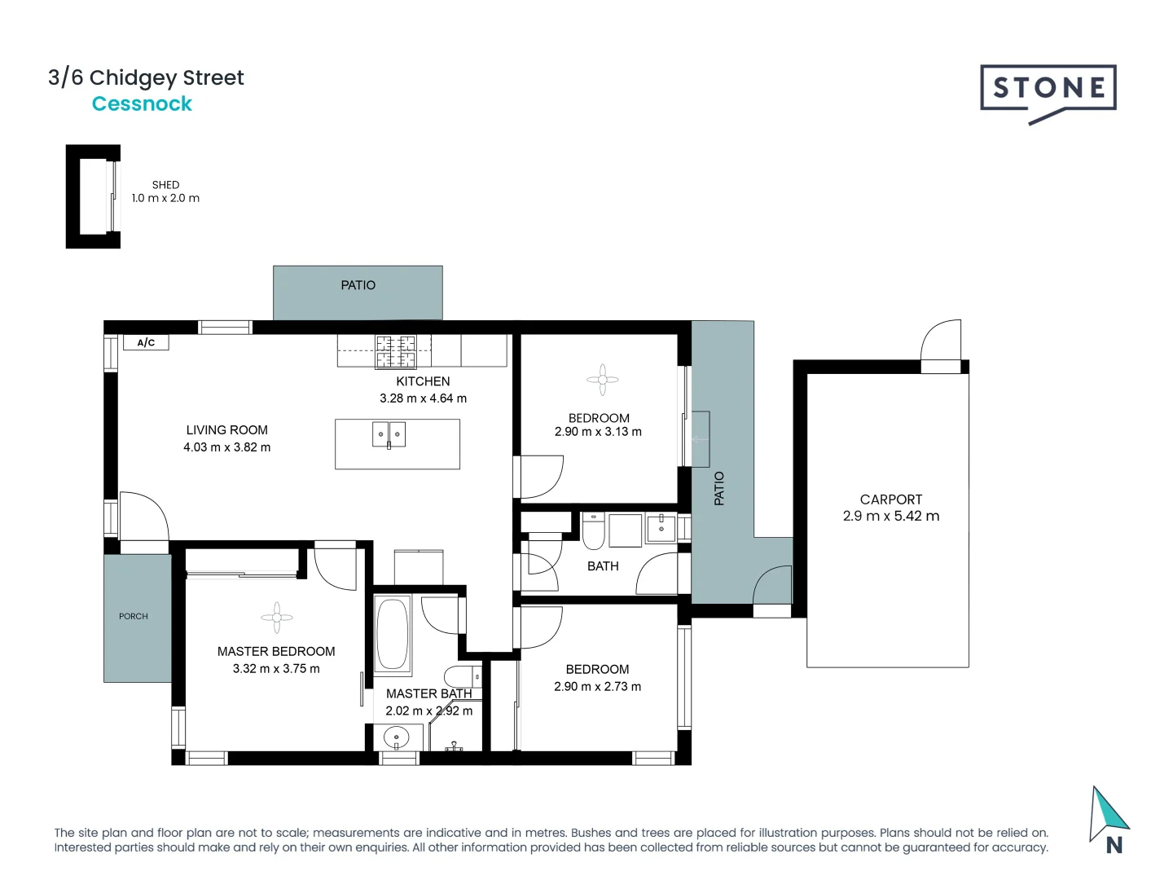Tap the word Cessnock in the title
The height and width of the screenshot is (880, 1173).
(x=142, y=104)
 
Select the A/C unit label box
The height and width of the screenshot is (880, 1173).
(x=146, y=342)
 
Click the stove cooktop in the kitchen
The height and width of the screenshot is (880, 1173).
(x=395, y=351)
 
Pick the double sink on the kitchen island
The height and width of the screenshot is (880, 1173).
(x=389, y=434)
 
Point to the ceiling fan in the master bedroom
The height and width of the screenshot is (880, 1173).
(x=277, y=618)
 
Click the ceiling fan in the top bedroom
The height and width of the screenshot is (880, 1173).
(x=602, y=379)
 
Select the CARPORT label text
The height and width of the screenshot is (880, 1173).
(x=890, y=499)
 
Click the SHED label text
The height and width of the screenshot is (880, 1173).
(x=165, y=185)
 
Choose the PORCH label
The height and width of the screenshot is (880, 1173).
(x=134, y=617)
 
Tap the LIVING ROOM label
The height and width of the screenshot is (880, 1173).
(x=226, y=430)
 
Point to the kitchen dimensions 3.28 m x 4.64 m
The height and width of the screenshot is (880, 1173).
(x=423, y=398)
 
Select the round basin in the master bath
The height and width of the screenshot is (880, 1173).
(x=396, y=737)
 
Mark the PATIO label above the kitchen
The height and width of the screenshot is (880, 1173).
(x=358, y=285)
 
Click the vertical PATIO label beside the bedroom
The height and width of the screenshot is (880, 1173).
(x=719, y=488)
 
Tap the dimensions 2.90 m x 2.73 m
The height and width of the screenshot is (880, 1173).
(x=597, y=687)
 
